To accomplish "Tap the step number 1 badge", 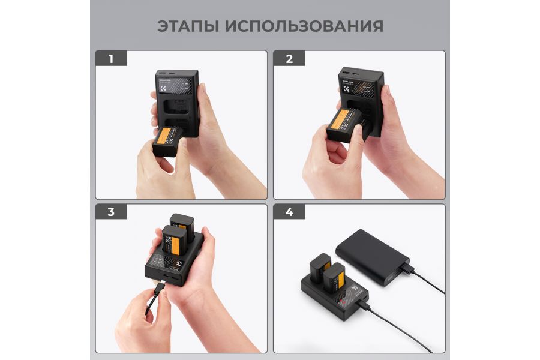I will (111, 59).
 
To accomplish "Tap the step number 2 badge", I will (289, 59).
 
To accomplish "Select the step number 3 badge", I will (111, 212).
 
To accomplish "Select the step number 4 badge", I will (289, 212).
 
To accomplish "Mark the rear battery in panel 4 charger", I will (319, 266).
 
